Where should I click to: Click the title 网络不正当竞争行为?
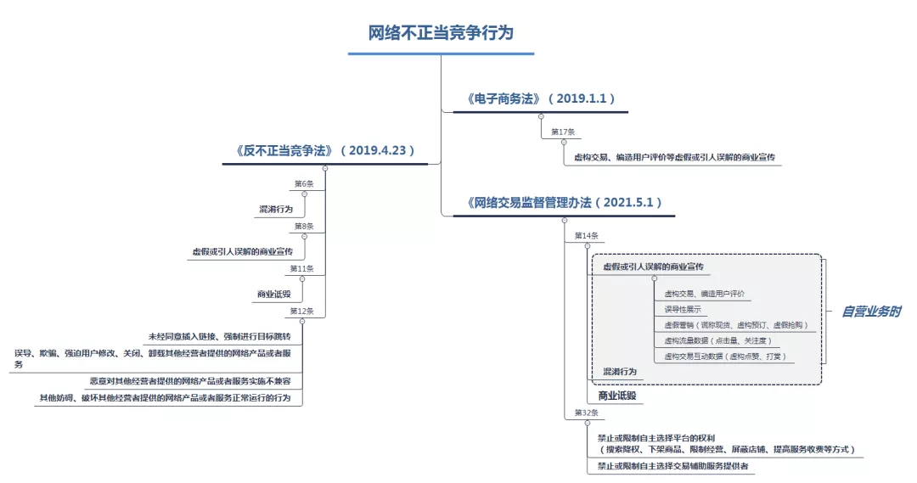[441, 33]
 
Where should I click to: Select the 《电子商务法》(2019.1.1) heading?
[541, 98]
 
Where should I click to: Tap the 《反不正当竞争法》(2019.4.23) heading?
[325, 150]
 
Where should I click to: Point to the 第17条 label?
[563, 132]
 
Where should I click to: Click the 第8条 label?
[304, 227]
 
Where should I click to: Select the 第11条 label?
[302, 269]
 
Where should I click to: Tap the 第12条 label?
[302, 312]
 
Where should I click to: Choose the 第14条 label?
[586, 235]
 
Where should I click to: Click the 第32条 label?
[586, 413]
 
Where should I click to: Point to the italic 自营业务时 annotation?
[871, 312]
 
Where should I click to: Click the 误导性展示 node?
[683, 309]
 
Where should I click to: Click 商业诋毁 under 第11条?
[273, 295]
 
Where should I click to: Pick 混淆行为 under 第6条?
[276, 209]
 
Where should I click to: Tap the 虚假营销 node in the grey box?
[736, 325]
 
